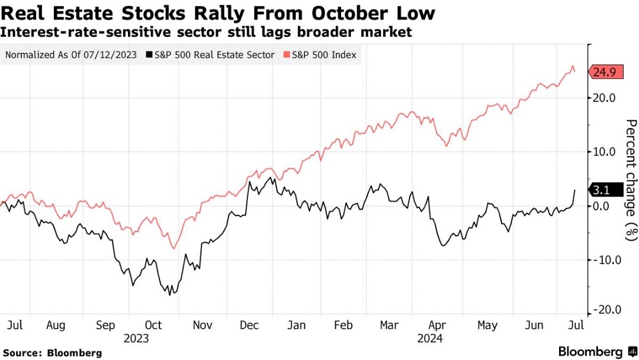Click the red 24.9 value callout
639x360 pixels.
[605, 72]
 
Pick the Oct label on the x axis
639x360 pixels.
[154, 325]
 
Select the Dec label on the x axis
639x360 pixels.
[248, 325]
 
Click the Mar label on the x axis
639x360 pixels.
[389, 325]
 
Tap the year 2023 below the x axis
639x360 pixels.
[136, 339]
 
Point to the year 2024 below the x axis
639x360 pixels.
[431, 339]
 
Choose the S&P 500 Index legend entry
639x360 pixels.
[320, 55]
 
